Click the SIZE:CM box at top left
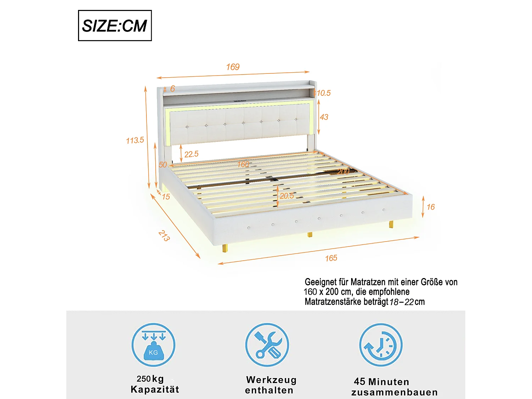coord(115,26)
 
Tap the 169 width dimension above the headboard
coord(233,67)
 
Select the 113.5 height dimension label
coord(135,140)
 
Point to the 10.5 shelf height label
coord(323,93)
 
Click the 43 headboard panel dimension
coord(324,117)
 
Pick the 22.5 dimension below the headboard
coord(191,154)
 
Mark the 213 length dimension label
coord(164,236)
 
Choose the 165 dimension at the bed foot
coord(331,258)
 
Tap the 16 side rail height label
coord(431,207)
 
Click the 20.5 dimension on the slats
coord(287,196)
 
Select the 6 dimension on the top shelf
coord(172,89)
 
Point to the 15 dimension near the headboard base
coord(166,197)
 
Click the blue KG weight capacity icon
coord(153,345)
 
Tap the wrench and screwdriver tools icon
coord(267,345)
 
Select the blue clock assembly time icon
coord(381,345)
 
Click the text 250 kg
coord(150,379)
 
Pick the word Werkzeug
coord(271,380)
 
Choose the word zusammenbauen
coord(394,392)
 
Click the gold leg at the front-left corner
coord(225,248)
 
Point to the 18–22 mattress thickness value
coord(401,302)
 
